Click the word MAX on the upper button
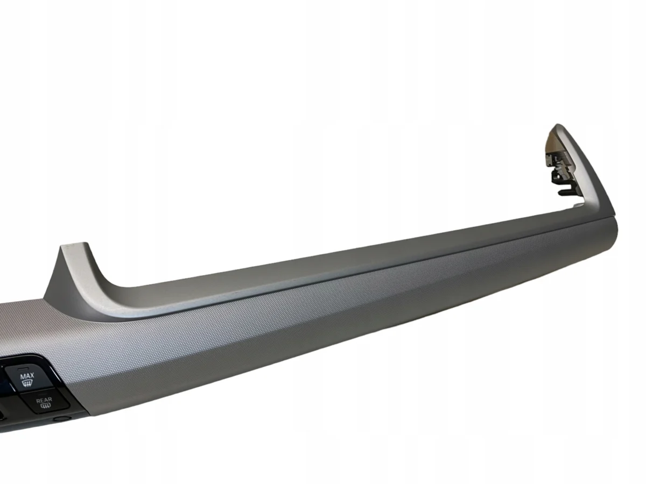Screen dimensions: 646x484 click(x=27, y=375)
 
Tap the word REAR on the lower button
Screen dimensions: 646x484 click(x=44, y=400)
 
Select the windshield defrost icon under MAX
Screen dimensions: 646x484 click(x=27, y=383)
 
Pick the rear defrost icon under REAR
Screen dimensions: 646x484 click(x=45, y=407)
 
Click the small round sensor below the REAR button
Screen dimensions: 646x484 click(x=62, y=418)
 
